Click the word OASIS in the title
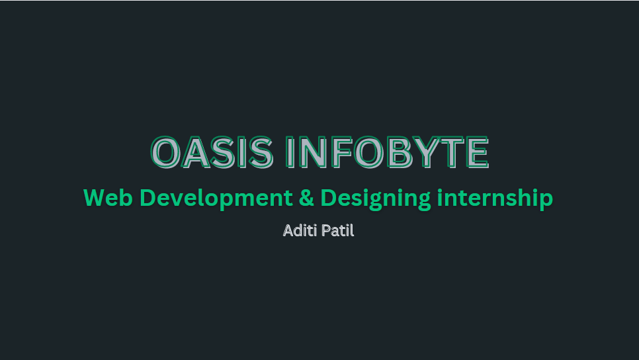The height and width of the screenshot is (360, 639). pyautogui.click(x=212, y=152)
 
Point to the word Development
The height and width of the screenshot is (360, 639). pyautogui.click(x=216, y=198)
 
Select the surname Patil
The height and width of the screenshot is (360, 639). pyautogui.click(x=338, y=231)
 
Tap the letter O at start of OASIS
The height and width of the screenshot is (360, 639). pyautogui.click(x=166, y=152)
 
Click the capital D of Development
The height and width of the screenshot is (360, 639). pyautogui.click(x=148, y=198)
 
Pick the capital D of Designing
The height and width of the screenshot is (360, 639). pyautogui.click(x=328, y=198)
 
